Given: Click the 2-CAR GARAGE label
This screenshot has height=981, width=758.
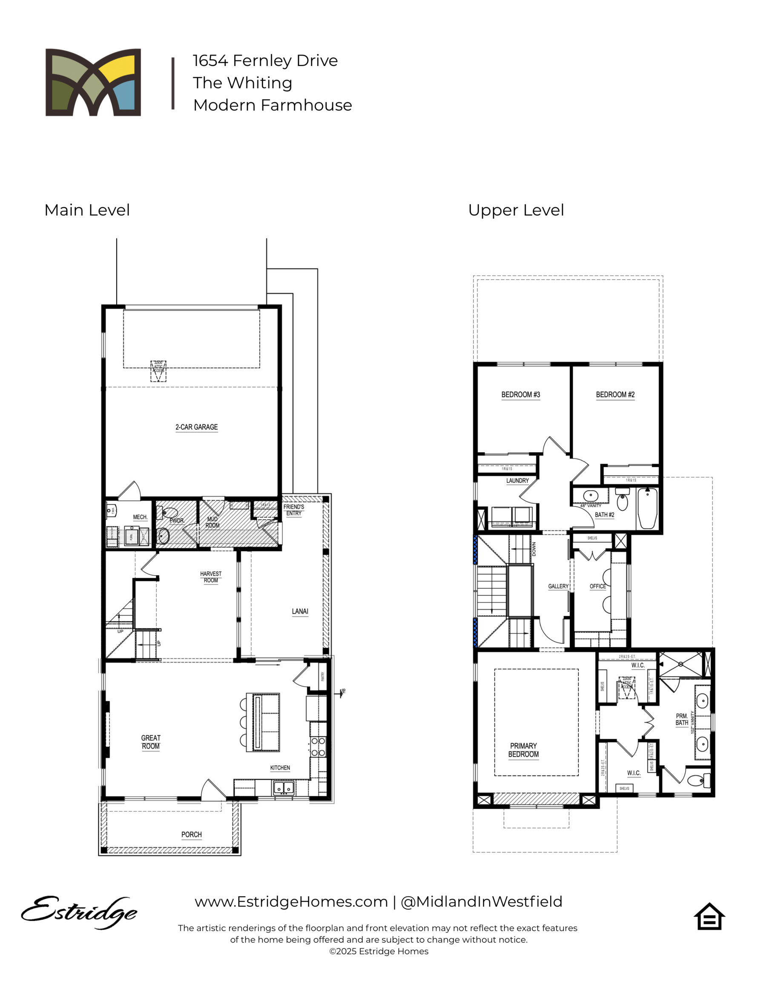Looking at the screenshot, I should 196,427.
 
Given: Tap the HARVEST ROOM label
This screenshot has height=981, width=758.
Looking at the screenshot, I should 211,577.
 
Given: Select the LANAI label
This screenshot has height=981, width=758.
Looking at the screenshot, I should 300,611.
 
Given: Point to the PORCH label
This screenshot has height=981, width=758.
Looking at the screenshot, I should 191,835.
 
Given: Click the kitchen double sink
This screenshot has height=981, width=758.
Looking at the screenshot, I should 284,788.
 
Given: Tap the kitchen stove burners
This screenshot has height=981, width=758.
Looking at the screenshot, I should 318,747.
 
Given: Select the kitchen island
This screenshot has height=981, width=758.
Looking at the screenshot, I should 266,722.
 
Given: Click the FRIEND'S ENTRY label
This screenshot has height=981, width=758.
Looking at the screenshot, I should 293,510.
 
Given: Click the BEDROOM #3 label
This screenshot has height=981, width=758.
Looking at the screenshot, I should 520,394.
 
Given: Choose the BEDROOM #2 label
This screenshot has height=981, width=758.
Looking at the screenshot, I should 614,394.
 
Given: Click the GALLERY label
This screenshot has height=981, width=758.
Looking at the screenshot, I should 558,586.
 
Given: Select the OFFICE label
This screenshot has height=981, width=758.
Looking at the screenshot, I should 597,586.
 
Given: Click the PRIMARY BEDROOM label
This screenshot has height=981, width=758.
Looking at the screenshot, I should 523,750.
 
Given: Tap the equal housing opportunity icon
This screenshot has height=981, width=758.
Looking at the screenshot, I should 709,916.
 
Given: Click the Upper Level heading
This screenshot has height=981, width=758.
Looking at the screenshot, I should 516,210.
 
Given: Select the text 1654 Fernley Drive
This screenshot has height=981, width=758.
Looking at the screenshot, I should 265,60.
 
